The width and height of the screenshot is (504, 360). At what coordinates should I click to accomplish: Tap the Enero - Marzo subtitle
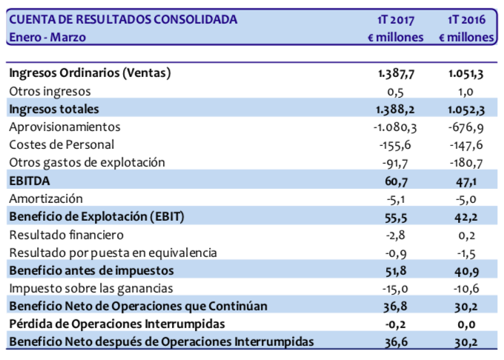[47, 37]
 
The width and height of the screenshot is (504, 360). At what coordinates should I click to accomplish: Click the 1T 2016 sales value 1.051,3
[468, 73]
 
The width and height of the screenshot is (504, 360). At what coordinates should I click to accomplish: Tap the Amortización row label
[46, 199]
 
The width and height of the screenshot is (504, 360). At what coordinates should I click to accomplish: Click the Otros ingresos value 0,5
[414, 91]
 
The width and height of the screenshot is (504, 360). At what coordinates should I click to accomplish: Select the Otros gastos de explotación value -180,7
[471, 162]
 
